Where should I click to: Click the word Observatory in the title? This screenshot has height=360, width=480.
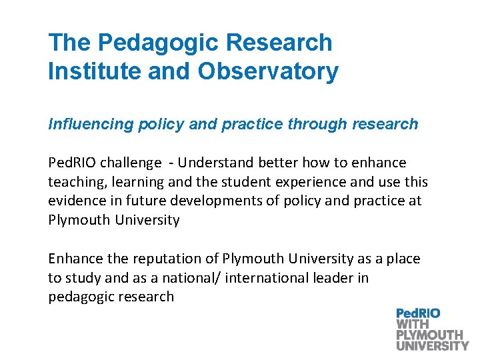point(267,71)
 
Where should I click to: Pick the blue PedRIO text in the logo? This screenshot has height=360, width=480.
point(418,313)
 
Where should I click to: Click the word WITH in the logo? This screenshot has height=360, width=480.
point(413,324)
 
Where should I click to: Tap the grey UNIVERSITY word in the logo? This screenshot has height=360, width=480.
point(432,345)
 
